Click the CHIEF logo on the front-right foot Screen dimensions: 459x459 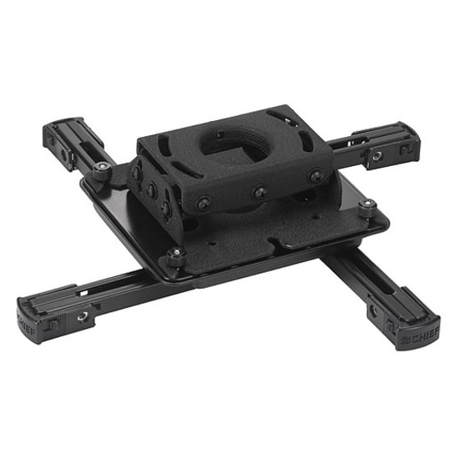[421, 337]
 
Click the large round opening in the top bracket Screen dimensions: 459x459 [235, 144]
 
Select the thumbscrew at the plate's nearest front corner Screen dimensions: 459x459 [176, 256]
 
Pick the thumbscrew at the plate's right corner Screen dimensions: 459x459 [367, 207]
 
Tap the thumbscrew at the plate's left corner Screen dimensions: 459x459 [102, 171]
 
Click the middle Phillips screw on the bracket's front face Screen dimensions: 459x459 [260, 194]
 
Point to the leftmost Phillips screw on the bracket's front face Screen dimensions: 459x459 [204, 203]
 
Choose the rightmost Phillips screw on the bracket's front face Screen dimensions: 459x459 [315, 176]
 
